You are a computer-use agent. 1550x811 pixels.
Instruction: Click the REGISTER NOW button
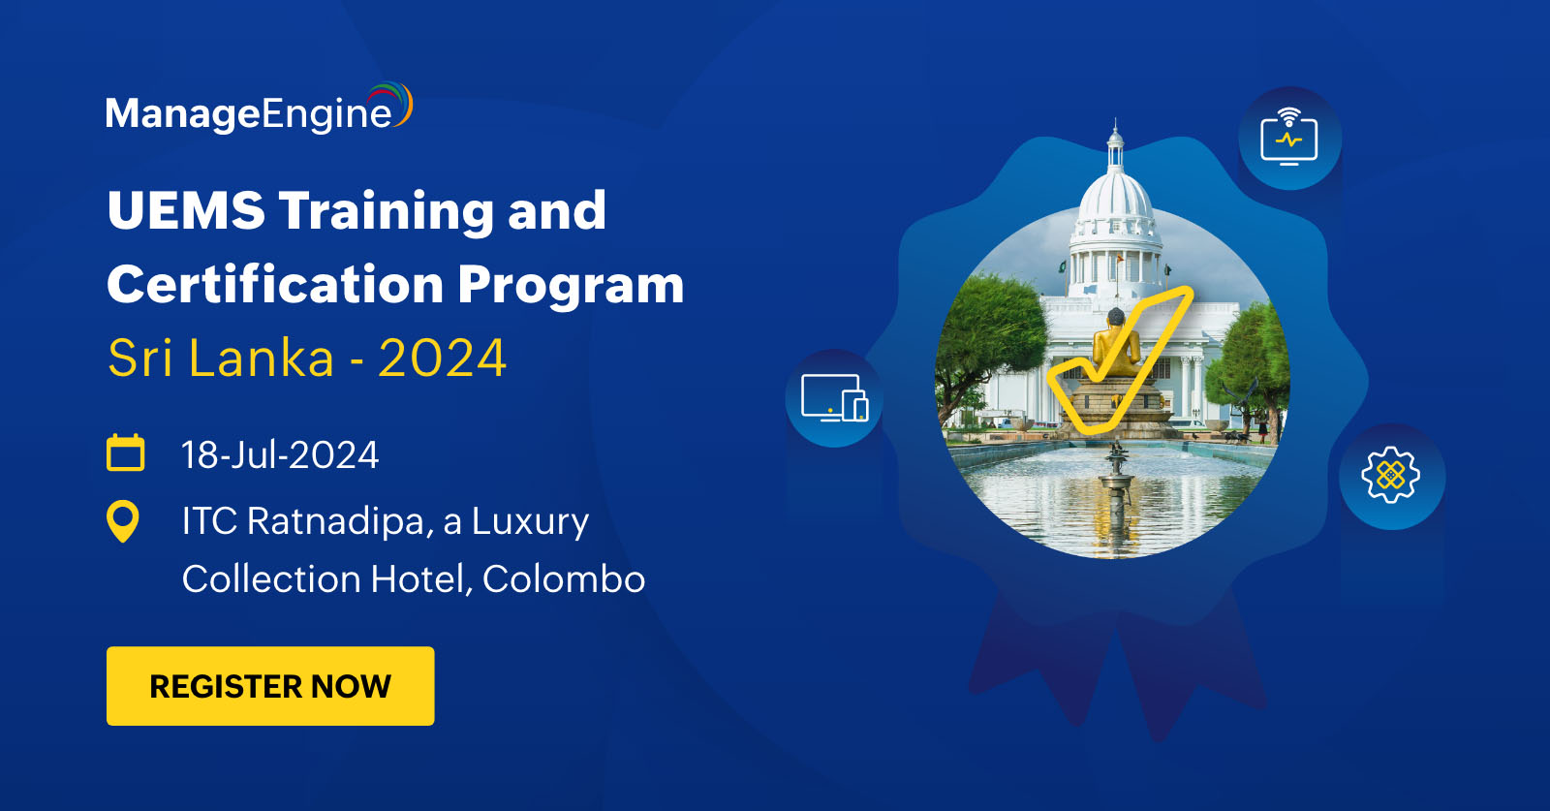[270, 686]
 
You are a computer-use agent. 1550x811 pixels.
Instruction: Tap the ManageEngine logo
[258, 110]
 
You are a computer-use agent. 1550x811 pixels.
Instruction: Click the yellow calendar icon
[125, 452]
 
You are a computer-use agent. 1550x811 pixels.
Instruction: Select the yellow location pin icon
[123, 521]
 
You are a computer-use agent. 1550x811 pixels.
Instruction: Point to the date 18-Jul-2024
[280, 455]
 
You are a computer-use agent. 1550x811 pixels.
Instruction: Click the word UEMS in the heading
[186, 210]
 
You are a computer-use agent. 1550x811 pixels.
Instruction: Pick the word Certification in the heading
[274, 285]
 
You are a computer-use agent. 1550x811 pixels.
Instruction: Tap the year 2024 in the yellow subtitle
[442, 359]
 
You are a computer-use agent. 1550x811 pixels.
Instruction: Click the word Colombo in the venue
[563, 579]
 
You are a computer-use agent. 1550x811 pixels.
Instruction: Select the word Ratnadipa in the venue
[335, 521]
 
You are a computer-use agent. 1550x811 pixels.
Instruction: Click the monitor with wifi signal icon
[1289, 139]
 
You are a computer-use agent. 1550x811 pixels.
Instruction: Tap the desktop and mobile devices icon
[834, 398]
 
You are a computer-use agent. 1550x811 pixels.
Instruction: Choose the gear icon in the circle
[1391, 475]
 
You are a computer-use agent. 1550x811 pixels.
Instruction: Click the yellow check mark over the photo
[1124, 368]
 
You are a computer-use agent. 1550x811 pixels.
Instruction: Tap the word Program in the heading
[571, 285]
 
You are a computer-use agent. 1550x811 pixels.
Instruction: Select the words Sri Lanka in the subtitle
[221, 359]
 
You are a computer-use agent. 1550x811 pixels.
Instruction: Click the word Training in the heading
[387, 210]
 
